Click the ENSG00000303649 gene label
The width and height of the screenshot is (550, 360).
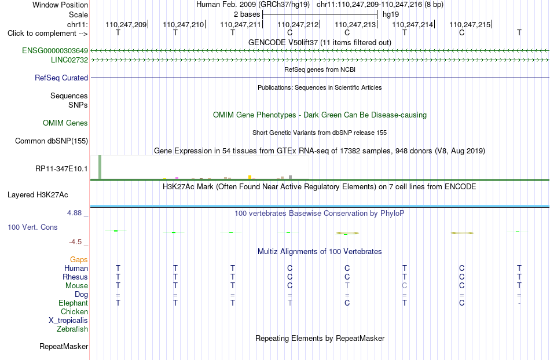[x=55, y=51]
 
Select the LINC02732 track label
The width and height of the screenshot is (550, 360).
[x=69, y=60]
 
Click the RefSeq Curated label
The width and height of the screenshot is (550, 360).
[x=61, y=78]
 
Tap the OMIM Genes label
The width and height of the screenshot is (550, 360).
[x=65, y=123]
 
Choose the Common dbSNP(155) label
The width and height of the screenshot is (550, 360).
[x=52, y=141]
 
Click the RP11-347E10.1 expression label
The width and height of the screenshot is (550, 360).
[x=62, y=168]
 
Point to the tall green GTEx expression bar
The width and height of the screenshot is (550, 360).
[x=100, y=167]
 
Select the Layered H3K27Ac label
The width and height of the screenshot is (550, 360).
[x=38, y=195]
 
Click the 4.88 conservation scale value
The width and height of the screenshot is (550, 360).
[x=74, y=213]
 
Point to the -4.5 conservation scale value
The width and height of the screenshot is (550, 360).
[x=75, y=242]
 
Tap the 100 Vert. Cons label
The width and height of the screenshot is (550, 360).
[x=32, y=227]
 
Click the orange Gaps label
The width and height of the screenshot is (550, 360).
[x=79, y=260]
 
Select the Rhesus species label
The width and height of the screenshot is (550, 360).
[x=75, y=277]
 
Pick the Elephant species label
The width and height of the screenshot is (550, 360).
[x=74, y=303]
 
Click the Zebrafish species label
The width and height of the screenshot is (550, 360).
[x=72, y=329]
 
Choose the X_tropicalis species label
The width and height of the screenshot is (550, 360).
[x=68, y=321]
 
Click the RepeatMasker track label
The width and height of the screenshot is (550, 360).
[x=64, y=346]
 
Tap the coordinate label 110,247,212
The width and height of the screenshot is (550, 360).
[x=298, y=24]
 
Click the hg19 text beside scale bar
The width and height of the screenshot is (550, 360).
[x=391, y=14]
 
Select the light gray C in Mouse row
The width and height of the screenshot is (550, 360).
[x=405, y=286]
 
